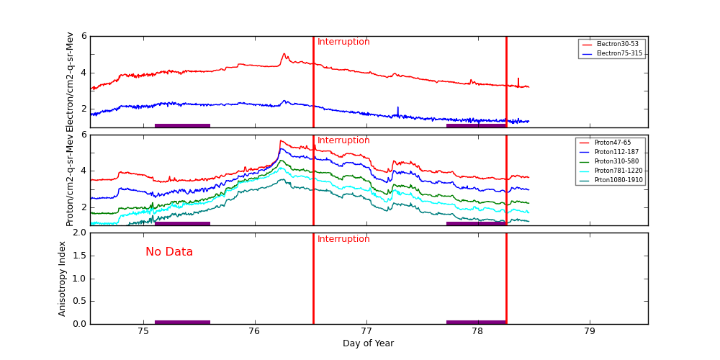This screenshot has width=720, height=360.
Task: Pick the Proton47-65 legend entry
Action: point(612,143)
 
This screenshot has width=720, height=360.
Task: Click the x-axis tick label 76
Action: point(254,332)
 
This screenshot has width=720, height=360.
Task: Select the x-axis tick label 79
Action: point(589,332)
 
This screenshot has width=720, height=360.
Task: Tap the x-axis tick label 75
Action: point(143,332)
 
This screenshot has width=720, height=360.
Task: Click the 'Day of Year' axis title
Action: point(368,343)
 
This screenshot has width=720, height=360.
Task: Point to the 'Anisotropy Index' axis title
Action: point(63,279)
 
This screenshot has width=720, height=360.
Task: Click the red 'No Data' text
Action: point(169,252)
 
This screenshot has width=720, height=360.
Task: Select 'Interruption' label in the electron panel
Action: point(343,42)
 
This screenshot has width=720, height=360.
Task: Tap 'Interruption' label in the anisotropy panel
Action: point(343,239)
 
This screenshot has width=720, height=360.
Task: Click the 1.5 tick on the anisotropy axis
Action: point(78,256)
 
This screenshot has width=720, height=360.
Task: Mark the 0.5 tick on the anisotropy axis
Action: point(78,301)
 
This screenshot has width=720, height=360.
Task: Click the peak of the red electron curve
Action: point(284,53)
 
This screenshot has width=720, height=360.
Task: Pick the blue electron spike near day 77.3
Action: point(397,108)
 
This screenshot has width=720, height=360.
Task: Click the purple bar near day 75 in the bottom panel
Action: point(182,322)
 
